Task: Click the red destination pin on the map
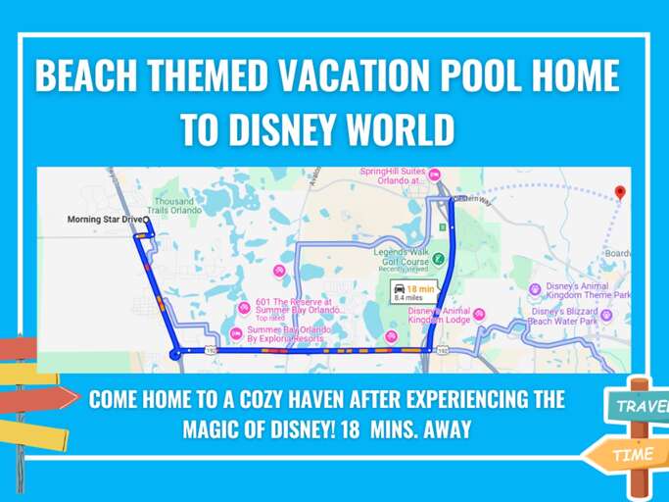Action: (x=619, y=192)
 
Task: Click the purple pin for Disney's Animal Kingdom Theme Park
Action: (x=534, y=289)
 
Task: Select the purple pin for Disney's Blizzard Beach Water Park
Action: (x=606, y=315)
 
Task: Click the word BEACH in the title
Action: (x=88, y=77)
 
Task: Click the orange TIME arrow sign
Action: (x=627, y=454)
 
